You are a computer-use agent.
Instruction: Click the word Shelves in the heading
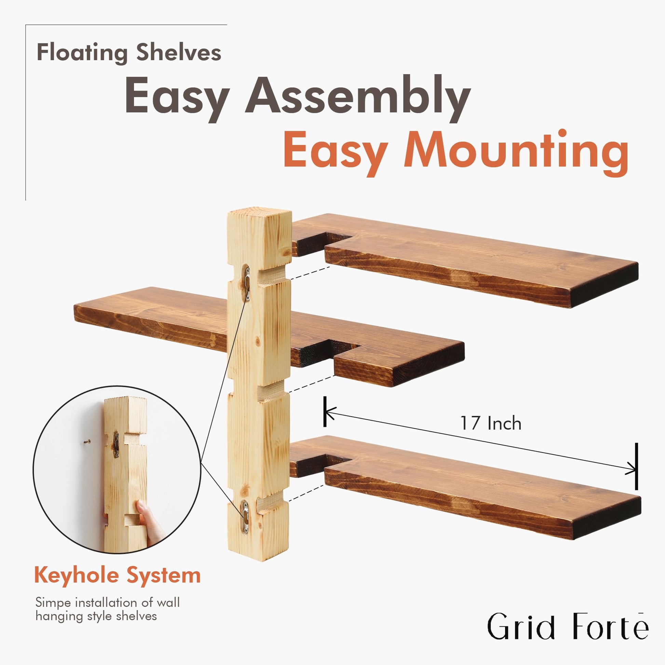[179, 52]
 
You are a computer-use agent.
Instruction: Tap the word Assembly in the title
[358, 98]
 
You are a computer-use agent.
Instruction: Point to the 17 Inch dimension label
[491, 423]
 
